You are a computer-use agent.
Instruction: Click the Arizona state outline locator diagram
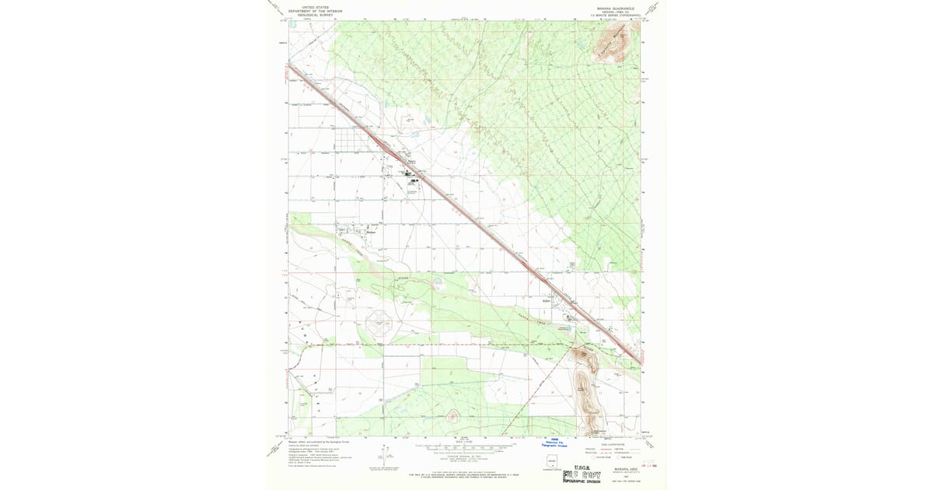click(x=552, y=464)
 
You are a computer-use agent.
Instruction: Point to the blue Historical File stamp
click(x=554, y=441)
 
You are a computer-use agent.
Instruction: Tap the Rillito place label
click(x=547, y=298)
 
